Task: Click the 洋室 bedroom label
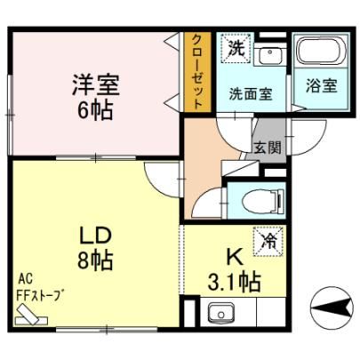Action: [96, 84]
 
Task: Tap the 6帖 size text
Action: [95, 110]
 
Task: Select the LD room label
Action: [96, 236]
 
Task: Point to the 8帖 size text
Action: [95, 260]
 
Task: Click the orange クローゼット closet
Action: [197, 72]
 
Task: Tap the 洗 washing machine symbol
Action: [236, 48]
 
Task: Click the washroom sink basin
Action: [270, 55]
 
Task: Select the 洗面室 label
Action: [251, 94]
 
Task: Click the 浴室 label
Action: [322, 85]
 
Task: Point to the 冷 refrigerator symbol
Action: [269, 241]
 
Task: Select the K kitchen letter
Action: [235, 257]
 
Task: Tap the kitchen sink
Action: [220, 314]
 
